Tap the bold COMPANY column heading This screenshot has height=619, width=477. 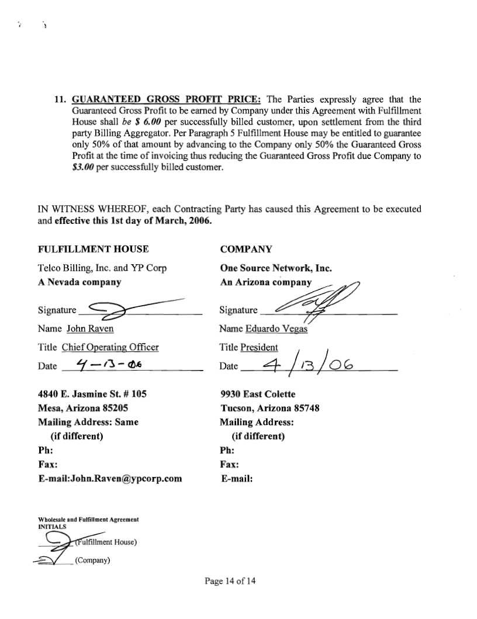246,249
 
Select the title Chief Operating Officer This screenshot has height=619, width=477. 110,347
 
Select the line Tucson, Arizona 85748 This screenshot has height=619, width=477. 269,408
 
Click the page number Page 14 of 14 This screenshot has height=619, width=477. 230,581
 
